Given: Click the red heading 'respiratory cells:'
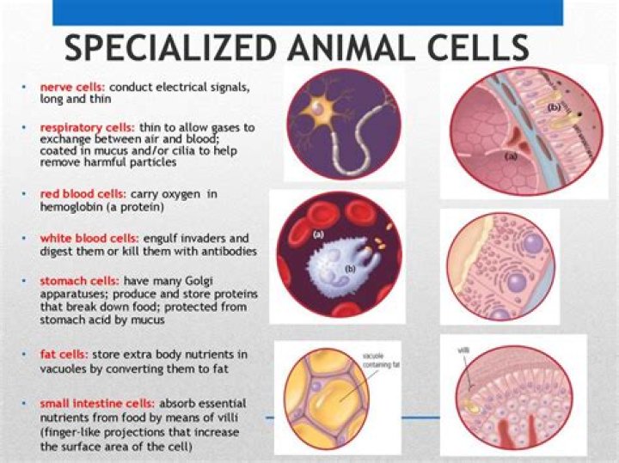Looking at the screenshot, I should point(84,127).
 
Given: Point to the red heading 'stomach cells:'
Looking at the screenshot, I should point(78,281).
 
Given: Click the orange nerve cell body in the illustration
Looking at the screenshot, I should point(326,109).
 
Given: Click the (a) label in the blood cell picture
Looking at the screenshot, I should point(318,234).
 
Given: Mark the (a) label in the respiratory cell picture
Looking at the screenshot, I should point(510,157).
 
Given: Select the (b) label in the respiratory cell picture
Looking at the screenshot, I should point(555,107).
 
